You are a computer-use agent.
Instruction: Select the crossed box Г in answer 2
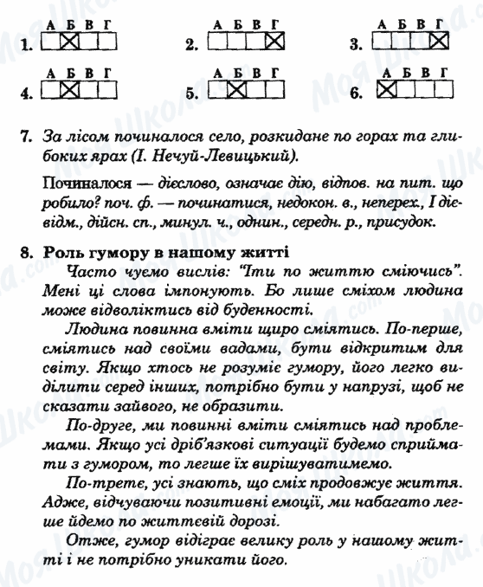(274, 40)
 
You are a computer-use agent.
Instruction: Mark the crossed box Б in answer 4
(70, 88)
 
